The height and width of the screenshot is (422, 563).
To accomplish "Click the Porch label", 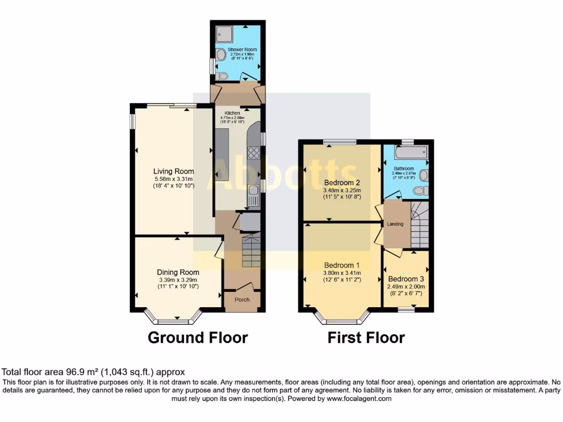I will [242, 299].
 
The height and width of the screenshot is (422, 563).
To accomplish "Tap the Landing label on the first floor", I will [395, 224].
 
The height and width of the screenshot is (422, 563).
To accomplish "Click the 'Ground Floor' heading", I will [198, 337].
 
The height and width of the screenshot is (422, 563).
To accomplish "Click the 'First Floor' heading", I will [366, 337].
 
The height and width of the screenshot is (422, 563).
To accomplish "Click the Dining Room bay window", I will [173, 318].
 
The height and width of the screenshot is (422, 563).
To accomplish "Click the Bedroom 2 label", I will [342, 182].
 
